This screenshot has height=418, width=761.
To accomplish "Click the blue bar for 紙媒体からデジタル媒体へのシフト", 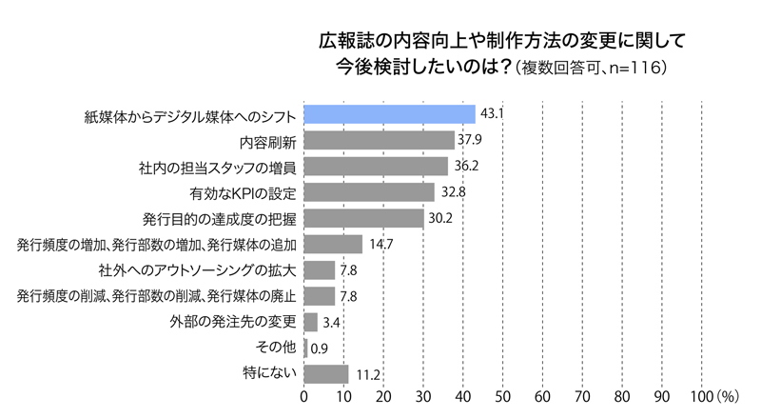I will click(x=389, y=114).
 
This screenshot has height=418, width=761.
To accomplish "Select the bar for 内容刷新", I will click(x=379, y=141).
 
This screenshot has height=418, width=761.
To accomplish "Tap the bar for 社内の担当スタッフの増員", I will click(x=376, y=167).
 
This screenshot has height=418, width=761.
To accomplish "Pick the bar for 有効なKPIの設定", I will click(x=369, y=192).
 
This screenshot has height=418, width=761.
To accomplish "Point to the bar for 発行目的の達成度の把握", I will click(x=363, y=218).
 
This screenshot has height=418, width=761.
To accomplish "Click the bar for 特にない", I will click(x=326, y=372).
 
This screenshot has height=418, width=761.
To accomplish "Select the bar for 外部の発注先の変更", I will click(x=310, y=321).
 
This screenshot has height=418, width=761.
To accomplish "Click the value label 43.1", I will click(x=492, y=114).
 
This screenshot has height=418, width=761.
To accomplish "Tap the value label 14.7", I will click(x=380, y=244).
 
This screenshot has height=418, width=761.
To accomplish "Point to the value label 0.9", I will click(x=320, y=348).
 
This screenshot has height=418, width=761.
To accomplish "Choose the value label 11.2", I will click(x=366, y=372).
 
